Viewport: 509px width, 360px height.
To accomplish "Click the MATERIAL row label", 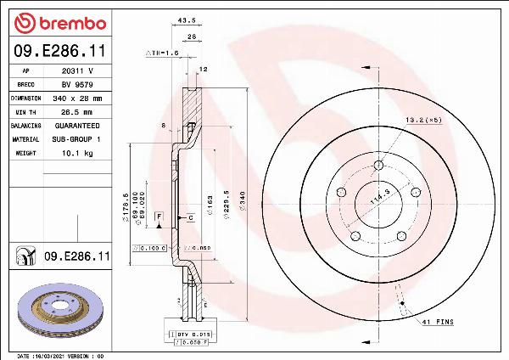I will click(25, 138).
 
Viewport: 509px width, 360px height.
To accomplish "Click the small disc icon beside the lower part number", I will click(25, 256).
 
